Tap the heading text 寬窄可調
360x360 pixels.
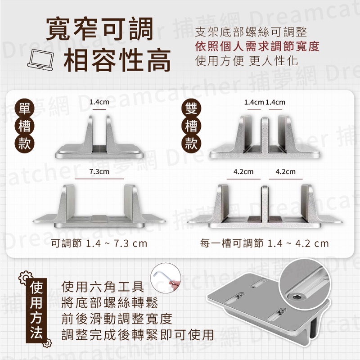99,29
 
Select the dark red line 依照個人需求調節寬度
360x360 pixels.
257,46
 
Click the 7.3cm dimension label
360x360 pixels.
99,171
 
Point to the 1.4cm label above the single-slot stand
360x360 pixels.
99,102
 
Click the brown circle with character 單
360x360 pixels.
24,108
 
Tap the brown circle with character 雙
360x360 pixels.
191,108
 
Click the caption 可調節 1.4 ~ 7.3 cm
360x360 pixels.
99,243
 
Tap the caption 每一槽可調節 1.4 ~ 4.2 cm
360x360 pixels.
264,243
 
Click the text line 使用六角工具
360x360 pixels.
103,286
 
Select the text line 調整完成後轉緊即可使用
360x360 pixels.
138,334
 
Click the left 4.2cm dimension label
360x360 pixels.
243,171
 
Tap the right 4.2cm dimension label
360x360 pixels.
286,171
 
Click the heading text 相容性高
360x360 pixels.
117,60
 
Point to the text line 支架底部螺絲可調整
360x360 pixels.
251,32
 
